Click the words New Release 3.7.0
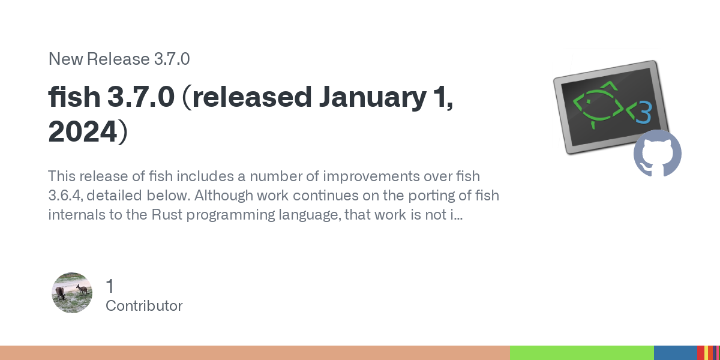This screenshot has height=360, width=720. (x=119, y=59)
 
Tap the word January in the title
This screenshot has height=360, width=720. (x=373, y=98)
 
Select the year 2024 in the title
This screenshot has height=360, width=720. (x=82, y=131)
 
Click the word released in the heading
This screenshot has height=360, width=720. (x=252, y=97)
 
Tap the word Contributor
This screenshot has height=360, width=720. (x=144, y=305)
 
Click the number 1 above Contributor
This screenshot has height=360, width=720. (x=110, y=286)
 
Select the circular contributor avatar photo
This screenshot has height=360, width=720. (x=72, y=293)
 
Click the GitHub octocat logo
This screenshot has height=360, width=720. (x=658, y=154)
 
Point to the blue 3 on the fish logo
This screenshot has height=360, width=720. (x=644, y=112)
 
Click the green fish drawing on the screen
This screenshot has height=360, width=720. (x=599, y=105)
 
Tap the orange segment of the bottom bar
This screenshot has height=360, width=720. (x=255, y=353)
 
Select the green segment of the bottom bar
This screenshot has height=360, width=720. (x=582, y=353)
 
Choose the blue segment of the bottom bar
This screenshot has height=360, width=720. (x=676, y=353)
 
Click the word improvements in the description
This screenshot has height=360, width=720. (x=371, y=177)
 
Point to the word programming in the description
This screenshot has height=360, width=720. (x=230, y=215)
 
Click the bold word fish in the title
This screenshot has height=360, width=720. (x=74, y=97)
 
